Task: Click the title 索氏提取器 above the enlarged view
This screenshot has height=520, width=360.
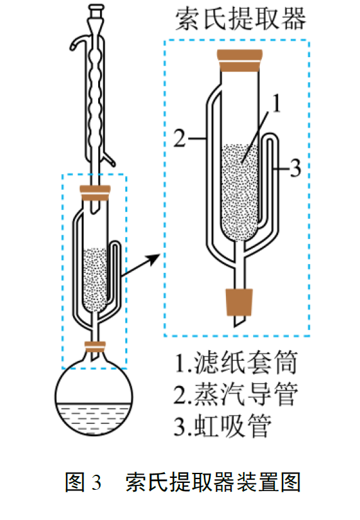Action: pyautogui.click(x=240, y=19)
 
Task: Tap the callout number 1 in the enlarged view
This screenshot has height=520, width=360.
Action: pyautogui.click(x=276, y=103)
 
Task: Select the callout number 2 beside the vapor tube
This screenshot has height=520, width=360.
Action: pyautogui.click(x=179, y=138)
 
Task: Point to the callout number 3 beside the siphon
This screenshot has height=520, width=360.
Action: pyautogui.click(x=295, y=168)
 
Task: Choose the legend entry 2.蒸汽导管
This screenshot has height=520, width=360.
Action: pyautogui.click(x=236, y=394)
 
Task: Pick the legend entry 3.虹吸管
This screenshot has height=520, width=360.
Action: pyautogui.click(x=223, y=426)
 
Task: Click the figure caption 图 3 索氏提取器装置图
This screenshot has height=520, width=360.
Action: pyautogui.click(x=183, y=482)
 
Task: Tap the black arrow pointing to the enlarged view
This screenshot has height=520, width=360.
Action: pyautogui.click(x=141, y=265)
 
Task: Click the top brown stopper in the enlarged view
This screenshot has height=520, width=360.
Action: pyautogui.click(x=240, y=61)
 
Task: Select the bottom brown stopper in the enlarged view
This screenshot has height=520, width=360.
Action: pyautogui.click(x=239, y=302)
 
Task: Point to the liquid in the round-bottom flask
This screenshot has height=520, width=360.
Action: pyautogui.click(x=94, y=418)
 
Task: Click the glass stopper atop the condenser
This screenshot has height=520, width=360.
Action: pyautogui.click(x=96, y=10)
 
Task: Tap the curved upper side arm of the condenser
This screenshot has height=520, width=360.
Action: pyautogui.click(x=80, y=43)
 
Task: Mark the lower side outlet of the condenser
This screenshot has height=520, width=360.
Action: pyautogui.click(x=109, y=158)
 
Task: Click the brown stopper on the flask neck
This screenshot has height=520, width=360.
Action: pyautogui.click(x=95, y=346)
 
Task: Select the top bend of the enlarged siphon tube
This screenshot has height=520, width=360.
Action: pyautogui.click(x=271, y=135)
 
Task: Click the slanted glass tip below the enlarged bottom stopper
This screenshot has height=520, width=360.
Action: pyautogui.click(x=239, y=320)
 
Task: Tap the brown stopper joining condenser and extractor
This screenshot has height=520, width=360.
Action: pyautogui.click(x=95, y=193)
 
